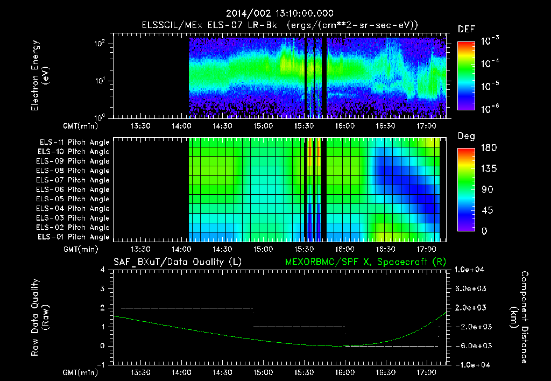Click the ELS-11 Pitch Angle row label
[x=74, y=143]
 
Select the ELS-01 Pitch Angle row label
[x=74, y=237]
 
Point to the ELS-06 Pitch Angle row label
[x=74, y=190]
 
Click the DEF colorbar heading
[x=466, y=29]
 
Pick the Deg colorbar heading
[x=466, y=136]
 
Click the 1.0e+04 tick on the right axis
[x=471, y=269]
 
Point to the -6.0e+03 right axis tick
[x=471, y=345]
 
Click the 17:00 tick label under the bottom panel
[x=426, y=372]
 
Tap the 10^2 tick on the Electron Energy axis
[x=101, y=44]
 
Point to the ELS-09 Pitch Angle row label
[x=74, y=161]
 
